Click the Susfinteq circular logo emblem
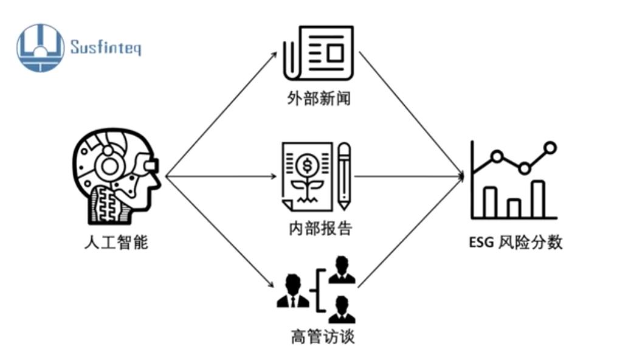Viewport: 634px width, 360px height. tap(40, 47)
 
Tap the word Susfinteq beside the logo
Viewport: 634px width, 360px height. tap(106, 47)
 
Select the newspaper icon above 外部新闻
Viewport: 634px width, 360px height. tap(319, 53)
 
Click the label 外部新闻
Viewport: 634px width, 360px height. tap(319, 99)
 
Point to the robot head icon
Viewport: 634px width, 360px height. tap(116, 176)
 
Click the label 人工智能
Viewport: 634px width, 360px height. tap(116, 242)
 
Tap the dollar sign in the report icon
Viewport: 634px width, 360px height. tap(308, 165)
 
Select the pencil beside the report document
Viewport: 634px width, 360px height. tap(344, 176)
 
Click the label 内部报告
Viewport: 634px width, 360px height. tap(320, 229)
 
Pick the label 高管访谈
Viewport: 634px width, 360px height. tap(323, 336)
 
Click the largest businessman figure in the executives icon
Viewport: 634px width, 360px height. tap(293, 291)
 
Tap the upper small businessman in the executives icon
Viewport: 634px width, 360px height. tap(342, 270)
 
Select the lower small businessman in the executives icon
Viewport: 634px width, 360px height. tap(342, 310)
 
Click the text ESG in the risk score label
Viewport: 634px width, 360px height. tap(481, 242)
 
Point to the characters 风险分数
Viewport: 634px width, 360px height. tap(530, 242)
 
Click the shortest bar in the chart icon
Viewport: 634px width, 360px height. tap(514, 209)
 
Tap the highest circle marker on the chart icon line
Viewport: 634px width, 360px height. tap(550, 148)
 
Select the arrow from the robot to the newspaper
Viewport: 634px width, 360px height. tap(221, 114)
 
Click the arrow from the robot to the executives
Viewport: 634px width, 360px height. tap(220, 232)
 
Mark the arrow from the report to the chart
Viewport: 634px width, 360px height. tap(409, 176)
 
